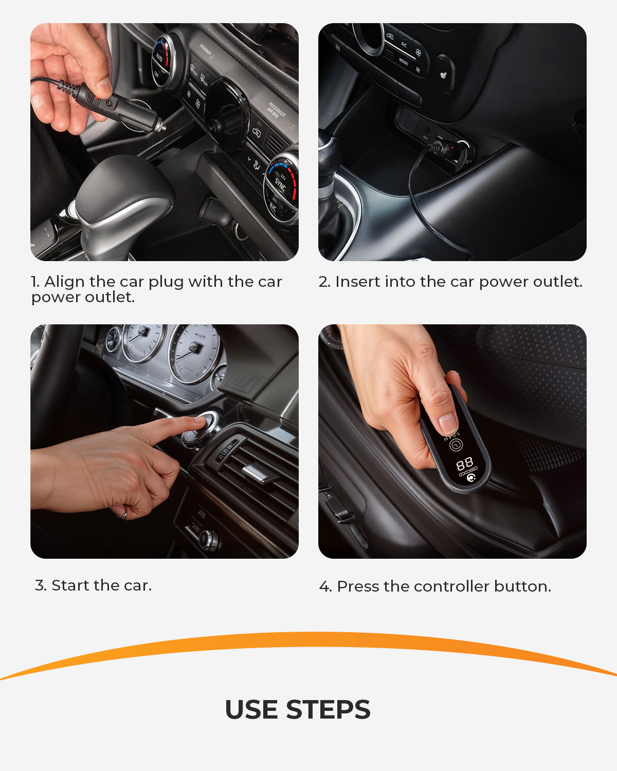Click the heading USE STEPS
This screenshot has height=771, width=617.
(297, 710)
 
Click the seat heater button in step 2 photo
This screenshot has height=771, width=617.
(444, 74)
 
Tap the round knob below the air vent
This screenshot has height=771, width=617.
(209, 540)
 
